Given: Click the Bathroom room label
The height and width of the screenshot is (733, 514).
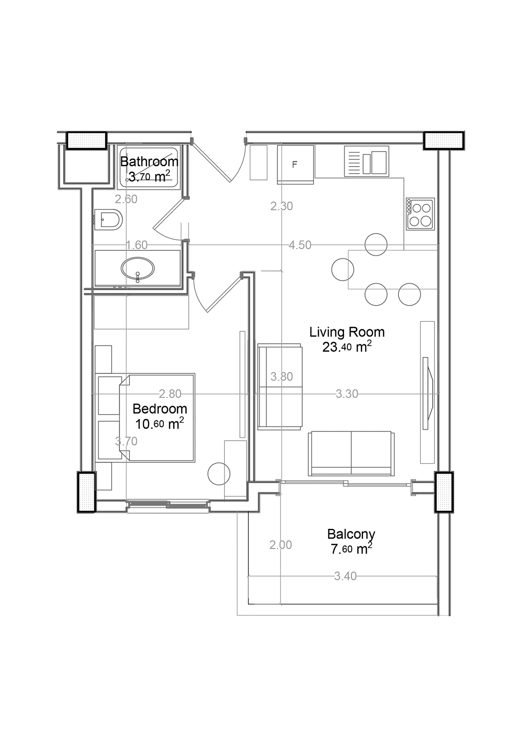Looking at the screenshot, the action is (149, 162).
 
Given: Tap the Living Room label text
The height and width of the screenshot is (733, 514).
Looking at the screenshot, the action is (347, 332).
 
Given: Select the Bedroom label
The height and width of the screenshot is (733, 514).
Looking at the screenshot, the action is (159, 409).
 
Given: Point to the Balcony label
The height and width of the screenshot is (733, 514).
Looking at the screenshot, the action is (351, 535).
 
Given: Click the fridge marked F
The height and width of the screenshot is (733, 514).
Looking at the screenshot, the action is (296, 165).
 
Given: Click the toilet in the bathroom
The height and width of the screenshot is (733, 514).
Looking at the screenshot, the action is (109, 219).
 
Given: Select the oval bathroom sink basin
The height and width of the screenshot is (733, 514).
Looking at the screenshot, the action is (138, 269).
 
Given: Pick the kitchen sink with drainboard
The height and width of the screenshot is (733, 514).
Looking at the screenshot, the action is (366, 161).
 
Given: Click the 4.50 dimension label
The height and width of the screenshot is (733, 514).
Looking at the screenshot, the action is (300, 245).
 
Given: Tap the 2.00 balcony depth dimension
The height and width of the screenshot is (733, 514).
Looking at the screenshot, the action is (280, 545).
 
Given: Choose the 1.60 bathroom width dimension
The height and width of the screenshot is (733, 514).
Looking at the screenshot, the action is (137, 245).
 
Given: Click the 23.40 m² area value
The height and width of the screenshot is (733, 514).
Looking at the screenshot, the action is (347, 347).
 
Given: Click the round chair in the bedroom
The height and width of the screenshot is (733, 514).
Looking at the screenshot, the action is (219, 474).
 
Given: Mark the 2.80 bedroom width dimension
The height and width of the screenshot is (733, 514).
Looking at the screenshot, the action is (170, 394).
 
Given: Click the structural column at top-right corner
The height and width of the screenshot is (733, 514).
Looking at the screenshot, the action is (444, 141).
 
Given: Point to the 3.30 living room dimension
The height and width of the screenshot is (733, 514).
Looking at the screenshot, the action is (347, 394).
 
